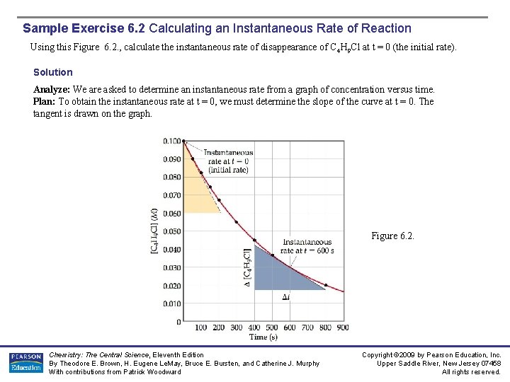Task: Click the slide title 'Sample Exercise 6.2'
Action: tap(84, 29)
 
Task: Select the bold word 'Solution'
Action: tap(53, 72)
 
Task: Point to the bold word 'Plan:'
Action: tap(45, 101)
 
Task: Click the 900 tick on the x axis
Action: tap(343, 328)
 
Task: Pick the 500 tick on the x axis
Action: tap(272, 328)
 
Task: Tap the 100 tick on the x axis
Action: tap(200, 328)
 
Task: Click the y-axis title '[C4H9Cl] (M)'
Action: tap(154, 231)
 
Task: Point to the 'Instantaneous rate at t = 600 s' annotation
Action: tap(307, 246)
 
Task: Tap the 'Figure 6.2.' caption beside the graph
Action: tap(392, 236)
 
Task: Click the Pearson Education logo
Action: tap(25, 362)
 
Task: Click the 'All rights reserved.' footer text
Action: tap(471, 372)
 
